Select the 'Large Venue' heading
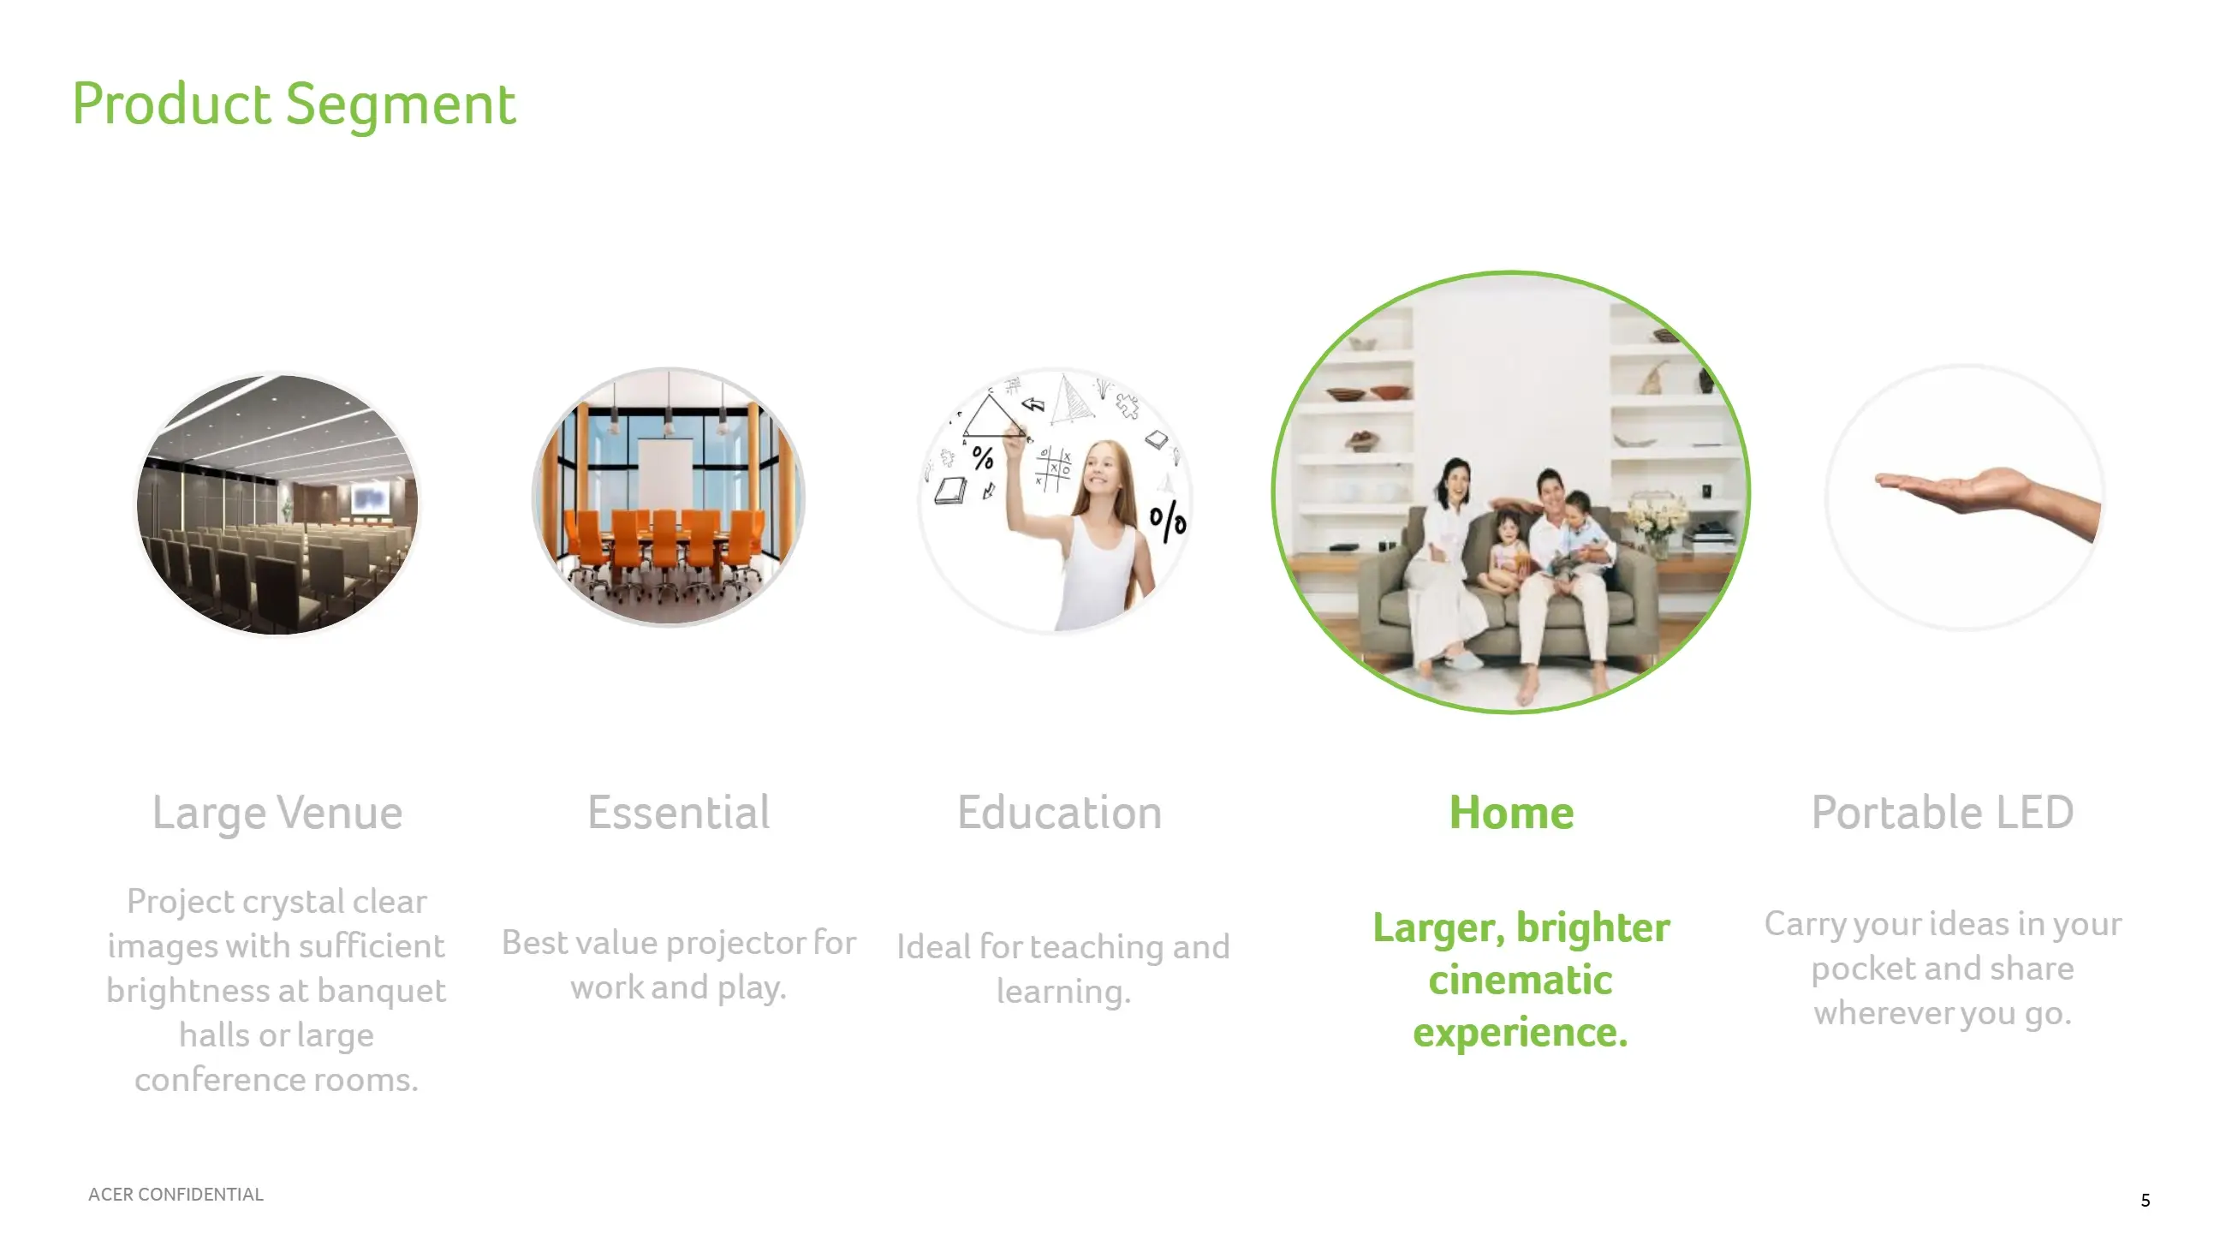[x=277, y=813]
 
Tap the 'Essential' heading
[x=678, y=812]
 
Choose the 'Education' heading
[x=1059, y=812]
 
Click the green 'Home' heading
[x=1511, y=812]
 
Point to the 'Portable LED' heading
[x=1943, y=812]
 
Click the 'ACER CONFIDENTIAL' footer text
[x=176, y=1194]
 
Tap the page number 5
[x=2145, y=1200]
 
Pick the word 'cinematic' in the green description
[x=1520, y=981]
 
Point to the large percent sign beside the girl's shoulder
[x=1168, y=520]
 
